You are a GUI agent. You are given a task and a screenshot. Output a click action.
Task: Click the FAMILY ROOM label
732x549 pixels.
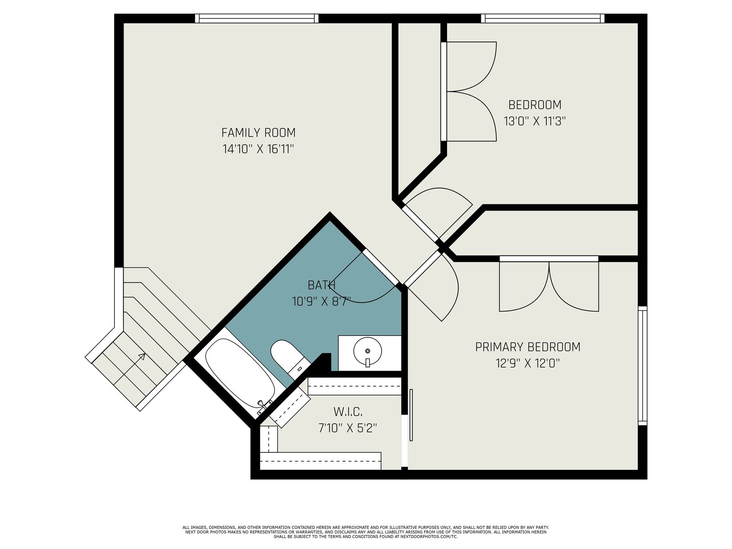click(258, 133)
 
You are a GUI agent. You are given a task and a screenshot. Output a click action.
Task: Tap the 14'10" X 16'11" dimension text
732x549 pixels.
click(258, 149)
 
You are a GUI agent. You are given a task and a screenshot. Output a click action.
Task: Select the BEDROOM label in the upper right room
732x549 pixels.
click(535, 105)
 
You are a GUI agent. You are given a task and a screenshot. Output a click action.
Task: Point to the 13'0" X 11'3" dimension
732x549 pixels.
click(535, 121)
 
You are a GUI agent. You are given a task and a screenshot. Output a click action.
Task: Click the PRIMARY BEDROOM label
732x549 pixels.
click(527, 347)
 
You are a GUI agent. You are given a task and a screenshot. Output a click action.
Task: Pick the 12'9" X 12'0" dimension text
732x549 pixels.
click(527, 363)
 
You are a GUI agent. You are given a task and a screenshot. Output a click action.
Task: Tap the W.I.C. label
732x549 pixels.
click(348, 412)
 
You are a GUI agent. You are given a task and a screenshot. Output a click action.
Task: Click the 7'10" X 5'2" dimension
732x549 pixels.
click(348, 428)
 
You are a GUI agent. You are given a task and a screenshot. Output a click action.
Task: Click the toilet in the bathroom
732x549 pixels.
click(287, 358)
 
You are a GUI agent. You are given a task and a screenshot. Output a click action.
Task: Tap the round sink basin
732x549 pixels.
click(367, 351)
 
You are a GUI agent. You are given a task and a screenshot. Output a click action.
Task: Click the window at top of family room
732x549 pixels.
click(257, 18)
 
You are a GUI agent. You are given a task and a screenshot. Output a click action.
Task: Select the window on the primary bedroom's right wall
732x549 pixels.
click(643, 366)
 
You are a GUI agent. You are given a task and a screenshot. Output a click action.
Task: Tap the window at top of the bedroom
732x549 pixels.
click(543, 18)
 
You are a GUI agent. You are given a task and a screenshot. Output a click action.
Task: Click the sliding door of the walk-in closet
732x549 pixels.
click(411, 415)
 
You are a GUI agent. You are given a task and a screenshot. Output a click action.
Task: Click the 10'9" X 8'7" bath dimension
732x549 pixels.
click(322, 301)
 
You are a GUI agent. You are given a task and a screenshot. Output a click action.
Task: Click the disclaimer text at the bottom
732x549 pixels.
click(366, 532)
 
